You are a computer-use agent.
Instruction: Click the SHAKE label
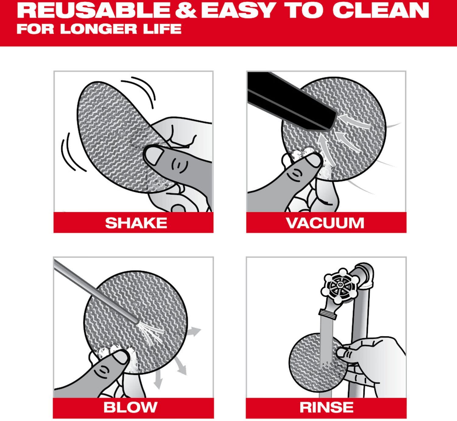136,223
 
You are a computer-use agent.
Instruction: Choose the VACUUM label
325,223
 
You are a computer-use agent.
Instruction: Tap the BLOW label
130,407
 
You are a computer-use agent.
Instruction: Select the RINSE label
326,407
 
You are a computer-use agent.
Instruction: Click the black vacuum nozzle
289,100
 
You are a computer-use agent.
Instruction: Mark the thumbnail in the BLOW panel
120,356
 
